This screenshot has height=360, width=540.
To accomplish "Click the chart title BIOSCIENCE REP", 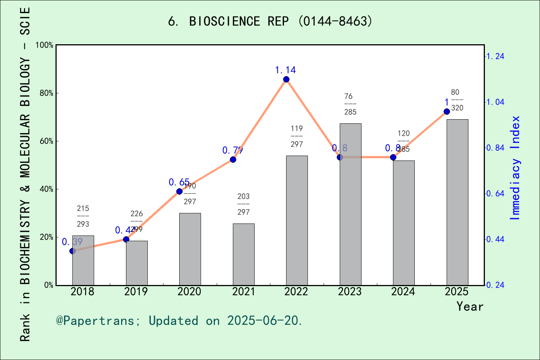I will [270, 21].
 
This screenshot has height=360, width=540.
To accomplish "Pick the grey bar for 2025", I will [457, 202].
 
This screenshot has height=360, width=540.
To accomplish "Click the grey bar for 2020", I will [190, 249].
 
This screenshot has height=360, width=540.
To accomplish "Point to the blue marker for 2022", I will [286, 79].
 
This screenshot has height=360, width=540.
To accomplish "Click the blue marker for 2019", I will [126, 239].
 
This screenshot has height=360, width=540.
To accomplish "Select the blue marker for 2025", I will [447, 111].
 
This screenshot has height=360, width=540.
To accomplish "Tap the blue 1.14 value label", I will [285, 70].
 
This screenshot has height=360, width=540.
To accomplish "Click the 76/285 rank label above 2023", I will [350, 104].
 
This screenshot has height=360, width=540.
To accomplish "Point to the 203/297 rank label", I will [243, 204].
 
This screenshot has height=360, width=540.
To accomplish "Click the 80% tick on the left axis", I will [46, 93].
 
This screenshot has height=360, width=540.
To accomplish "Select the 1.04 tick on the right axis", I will [495, 102].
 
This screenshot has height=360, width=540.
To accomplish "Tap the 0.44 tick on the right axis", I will [495, 239].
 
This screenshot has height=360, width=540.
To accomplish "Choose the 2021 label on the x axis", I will [243, 292].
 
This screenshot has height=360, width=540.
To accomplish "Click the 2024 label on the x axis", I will [403, 292].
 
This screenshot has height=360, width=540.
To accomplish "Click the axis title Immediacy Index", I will [516, 168].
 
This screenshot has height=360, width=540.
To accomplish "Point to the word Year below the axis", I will [469, 307].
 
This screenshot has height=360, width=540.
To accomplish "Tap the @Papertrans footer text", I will [179, 321].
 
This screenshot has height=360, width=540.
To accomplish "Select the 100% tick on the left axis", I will [45, 45].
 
